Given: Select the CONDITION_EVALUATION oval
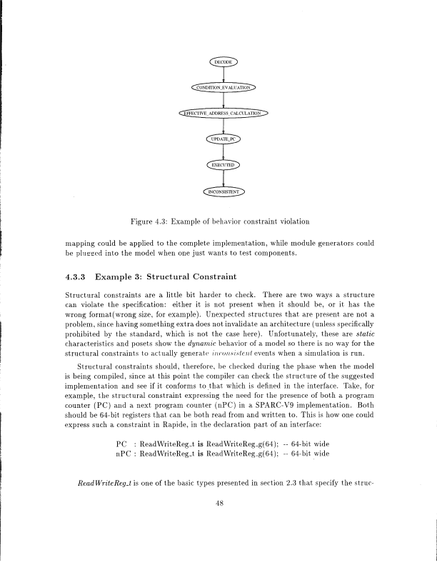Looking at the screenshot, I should [x=223, y=88].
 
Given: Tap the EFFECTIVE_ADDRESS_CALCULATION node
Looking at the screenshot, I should [x=223, y=113].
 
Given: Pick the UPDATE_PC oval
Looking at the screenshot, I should [x=223, y=139].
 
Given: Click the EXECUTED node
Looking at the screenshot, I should [x=223, y=165].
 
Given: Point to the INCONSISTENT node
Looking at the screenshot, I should [x=223, y=191].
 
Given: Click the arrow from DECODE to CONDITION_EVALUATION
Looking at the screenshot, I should [x=223, y=75].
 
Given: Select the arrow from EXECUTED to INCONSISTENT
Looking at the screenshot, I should [x=223, y=178].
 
